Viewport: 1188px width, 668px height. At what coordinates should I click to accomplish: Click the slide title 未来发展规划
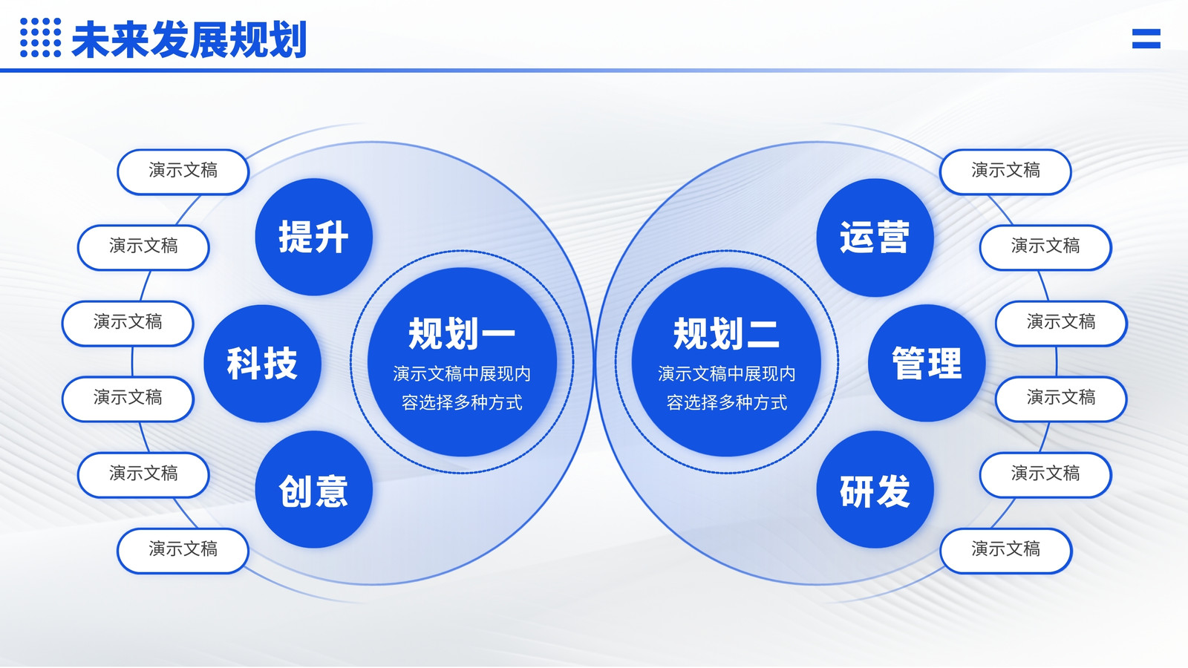189,40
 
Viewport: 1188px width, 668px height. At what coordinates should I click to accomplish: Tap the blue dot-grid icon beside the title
40,37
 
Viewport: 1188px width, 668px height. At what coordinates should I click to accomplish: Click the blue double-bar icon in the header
1146,39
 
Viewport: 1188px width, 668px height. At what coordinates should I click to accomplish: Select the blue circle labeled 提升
313,237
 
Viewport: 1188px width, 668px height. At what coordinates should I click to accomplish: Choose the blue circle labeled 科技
262,363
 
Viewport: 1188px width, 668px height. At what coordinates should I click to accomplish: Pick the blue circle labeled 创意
313,489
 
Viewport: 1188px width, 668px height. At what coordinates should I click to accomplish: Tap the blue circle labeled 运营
875,237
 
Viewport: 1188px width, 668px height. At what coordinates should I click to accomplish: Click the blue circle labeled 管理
927,363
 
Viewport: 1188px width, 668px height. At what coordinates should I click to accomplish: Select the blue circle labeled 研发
875,489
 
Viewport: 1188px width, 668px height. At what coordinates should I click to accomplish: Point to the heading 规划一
461,334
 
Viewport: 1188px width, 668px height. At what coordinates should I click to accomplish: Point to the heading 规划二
727,334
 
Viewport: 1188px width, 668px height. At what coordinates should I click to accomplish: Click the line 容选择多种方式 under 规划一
462,402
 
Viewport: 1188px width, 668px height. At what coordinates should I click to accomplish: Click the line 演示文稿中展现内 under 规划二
727,374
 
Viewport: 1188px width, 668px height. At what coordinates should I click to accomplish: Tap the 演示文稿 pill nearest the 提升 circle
183,171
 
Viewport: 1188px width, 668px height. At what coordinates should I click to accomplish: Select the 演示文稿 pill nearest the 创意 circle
183,551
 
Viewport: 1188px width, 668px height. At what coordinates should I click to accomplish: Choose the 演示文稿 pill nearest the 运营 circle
1005,171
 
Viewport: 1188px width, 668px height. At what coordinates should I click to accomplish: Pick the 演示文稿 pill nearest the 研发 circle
1005,551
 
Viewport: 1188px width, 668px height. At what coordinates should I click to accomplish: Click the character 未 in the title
90,40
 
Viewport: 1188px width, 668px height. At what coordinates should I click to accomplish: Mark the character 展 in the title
209,40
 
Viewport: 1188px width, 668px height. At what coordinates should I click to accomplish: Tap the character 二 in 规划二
763,334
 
